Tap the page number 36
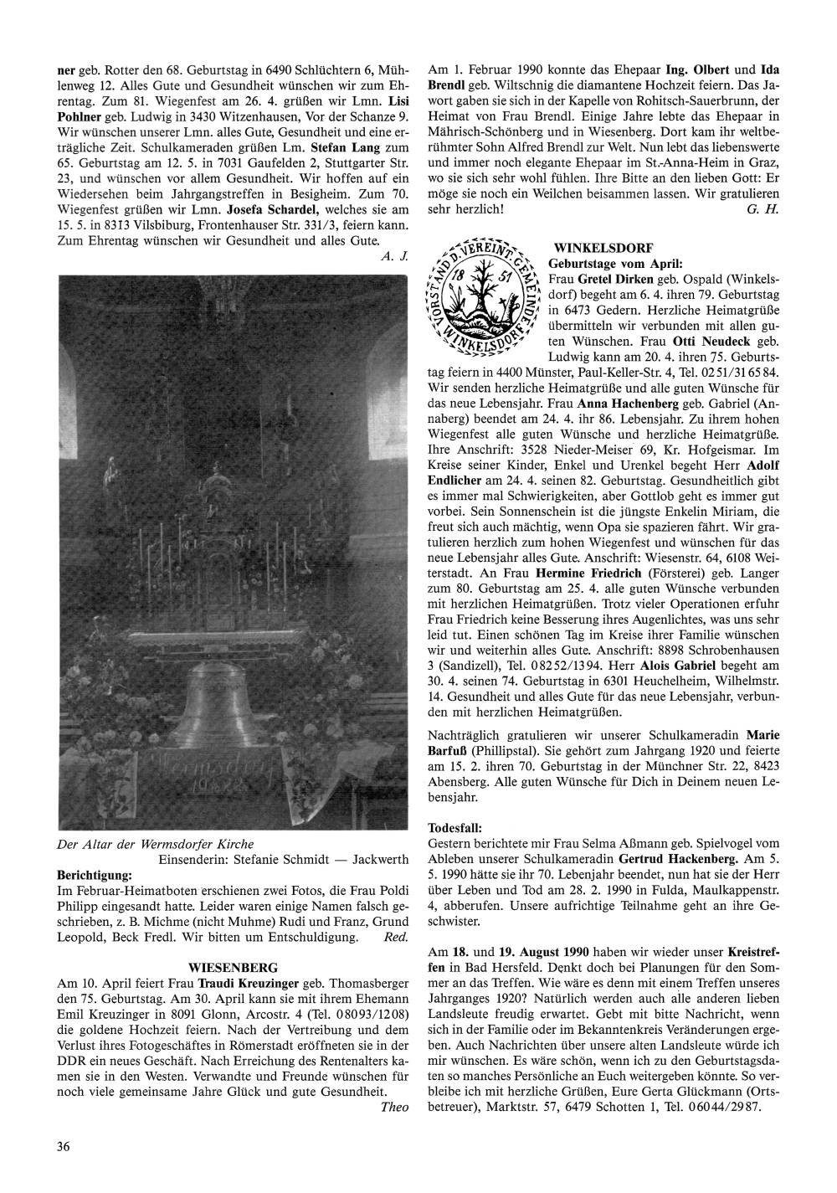click(64, 1146)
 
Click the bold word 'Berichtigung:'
click(95, 874)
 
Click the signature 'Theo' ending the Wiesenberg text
click(394, 1107)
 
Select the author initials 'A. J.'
click(394, 256)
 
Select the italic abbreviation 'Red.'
click(394, 937)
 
